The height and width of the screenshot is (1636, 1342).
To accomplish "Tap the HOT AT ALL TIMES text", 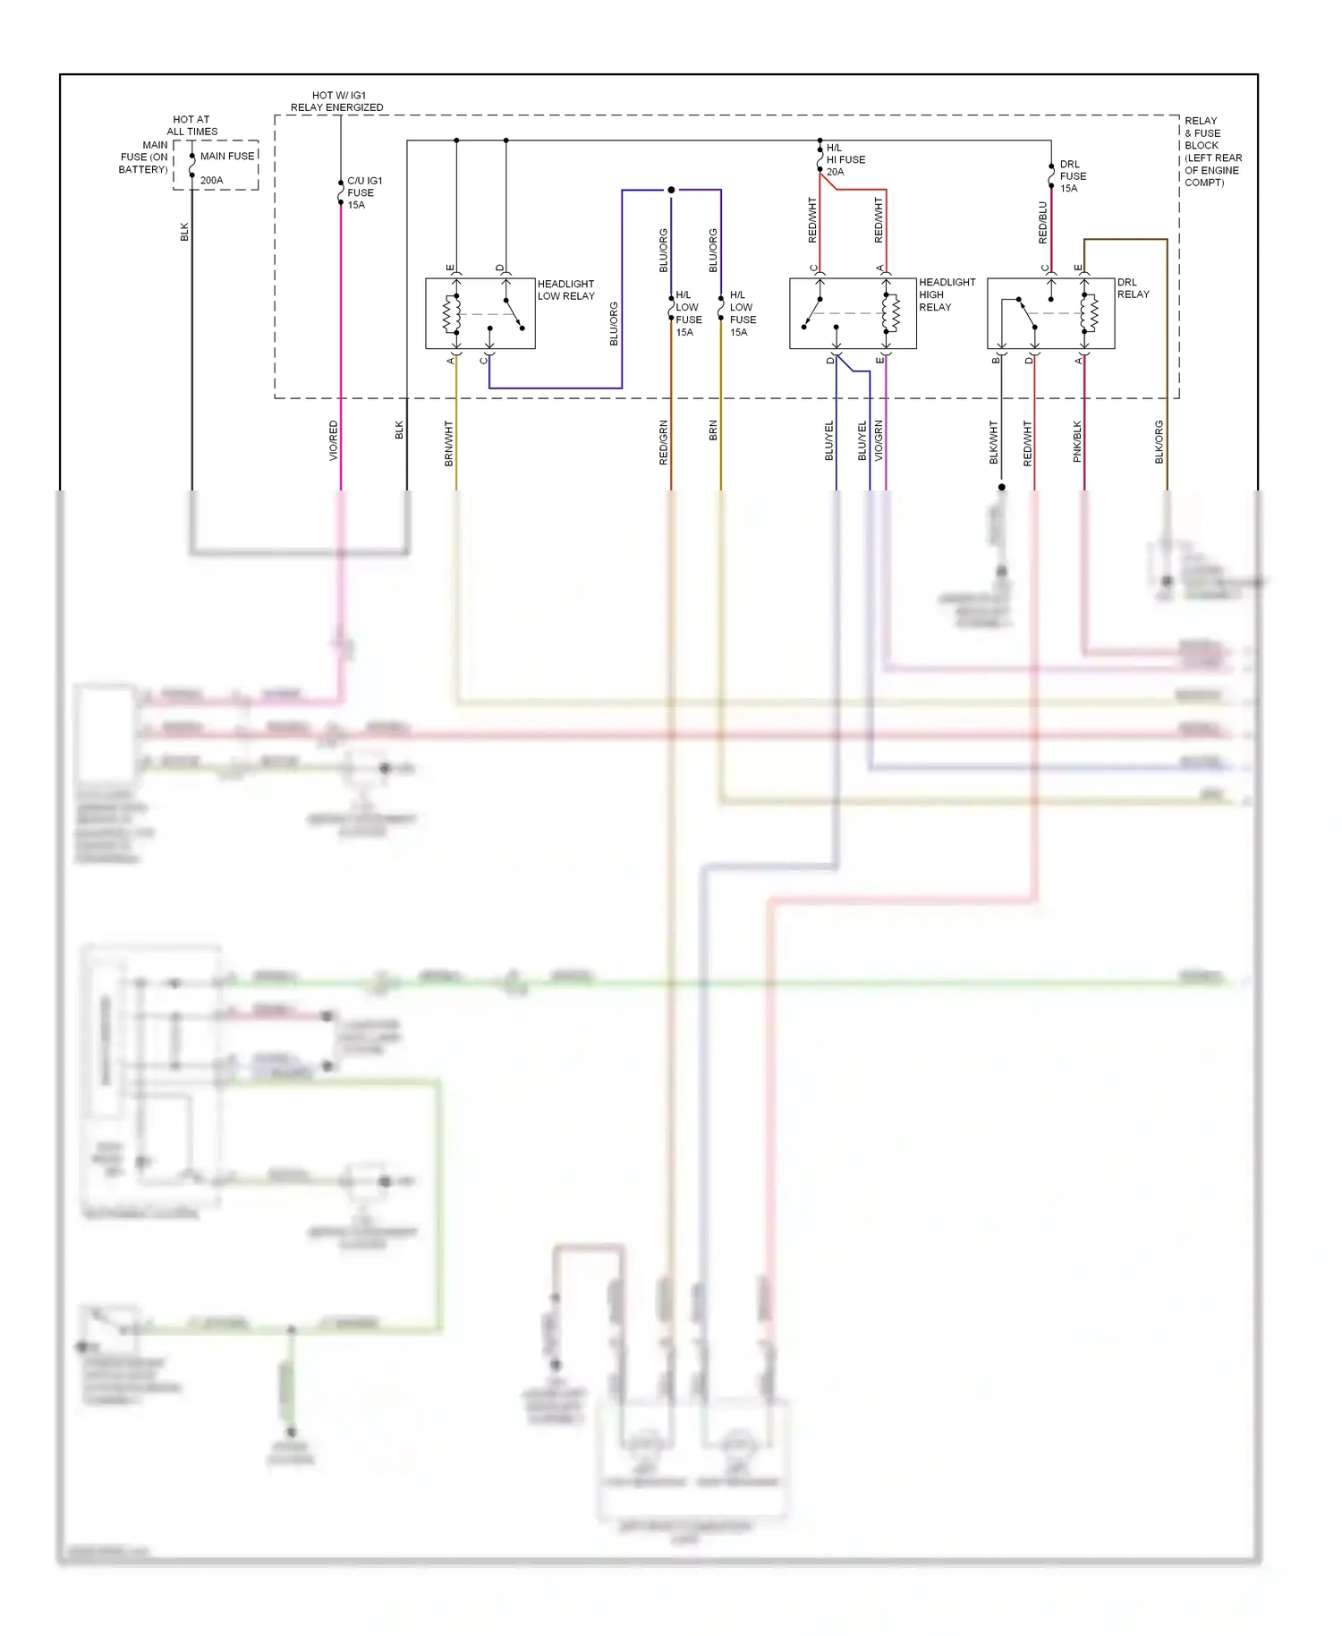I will pos(191,125).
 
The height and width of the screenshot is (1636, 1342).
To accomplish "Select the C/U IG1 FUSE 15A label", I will pos(363,192).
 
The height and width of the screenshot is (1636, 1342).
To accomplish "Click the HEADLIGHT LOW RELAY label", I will pos(565,290).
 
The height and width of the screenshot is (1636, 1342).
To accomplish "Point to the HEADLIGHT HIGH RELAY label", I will pos(947,294).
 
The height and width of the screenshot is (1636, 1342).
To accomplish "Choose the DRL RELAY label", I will pos(1133,288).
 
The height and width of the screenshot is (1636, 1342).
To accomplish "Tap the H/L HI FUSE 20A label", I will pos(845,160).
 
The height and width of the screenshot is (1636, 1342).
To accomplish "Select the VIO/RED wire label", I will pos(334,440).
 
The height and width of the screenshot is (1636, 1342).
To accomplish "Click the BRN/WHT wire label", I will pos(449,443).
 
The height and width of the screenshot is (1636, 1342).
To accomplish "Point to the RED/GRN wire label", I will pos(664,442).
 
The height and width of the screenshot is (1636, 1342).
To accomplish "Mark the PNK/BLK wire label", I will pos(1077,441).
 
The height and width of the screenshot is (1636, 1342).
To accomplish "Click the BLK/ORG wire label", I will pos(1159,442).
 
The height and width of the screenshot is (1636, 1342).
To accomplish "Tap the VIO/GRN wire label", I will pos(879,440).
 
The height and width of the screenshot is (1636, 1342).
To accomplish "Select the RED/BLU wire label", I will pos(1043,223).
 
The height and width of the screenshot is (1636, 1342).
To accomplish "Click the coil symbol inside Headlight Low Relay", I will pos(452,313).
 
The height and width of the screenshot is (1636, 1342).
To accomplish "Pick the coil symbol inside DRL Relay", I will pos(1089,313).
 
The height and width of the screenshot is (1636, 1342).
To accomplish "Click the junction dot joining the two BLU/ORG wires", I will pos(671,190).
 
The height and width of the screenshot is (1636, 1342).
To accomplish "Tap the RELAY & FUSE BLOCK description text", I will pos(1212,151).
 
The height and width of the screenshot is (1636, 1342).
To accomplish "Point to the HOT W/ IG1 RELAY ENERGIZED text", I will pos(337,101).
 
